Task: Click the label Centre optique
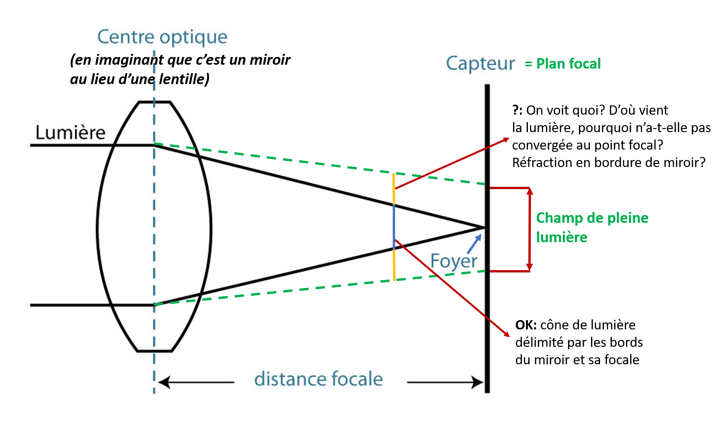[162, 37]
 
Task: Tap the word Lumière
[70, 133]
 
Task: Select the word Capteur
[480, 64]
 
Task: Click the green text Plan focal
[568, 64]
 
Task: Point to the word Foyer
[454, 261]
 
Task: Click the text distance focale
[318, 379]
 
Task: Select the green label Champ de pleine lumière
[592, 227]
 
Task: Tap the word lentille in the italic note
[184, 79]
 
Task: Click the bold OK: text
[526, 325]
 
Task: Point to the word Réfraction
[541, 163]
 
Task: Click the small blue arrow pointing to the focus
[474, 244]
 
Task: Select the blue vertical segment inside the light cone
[394, 226]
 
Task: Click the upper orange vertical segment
[394, 189]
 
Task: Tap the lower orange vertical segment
[394, 265]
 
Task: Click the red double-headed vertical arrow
[529, 229]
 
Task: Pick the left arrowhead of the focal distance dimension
[163, 382]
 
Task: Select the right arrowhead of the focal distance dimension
[478, 382]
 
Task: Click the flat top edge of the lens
[154, 102]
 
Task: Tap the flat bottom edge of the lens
[155, 351]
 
